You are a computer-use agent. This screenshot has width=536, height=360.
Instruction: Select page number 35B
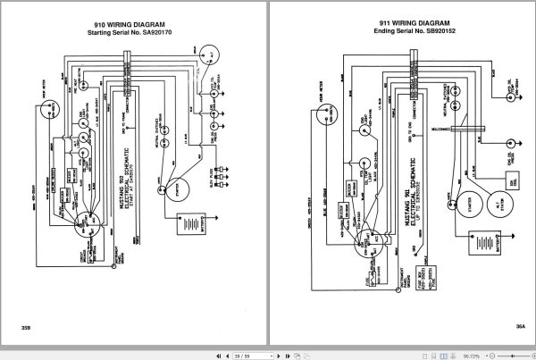tap(25, 331)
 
